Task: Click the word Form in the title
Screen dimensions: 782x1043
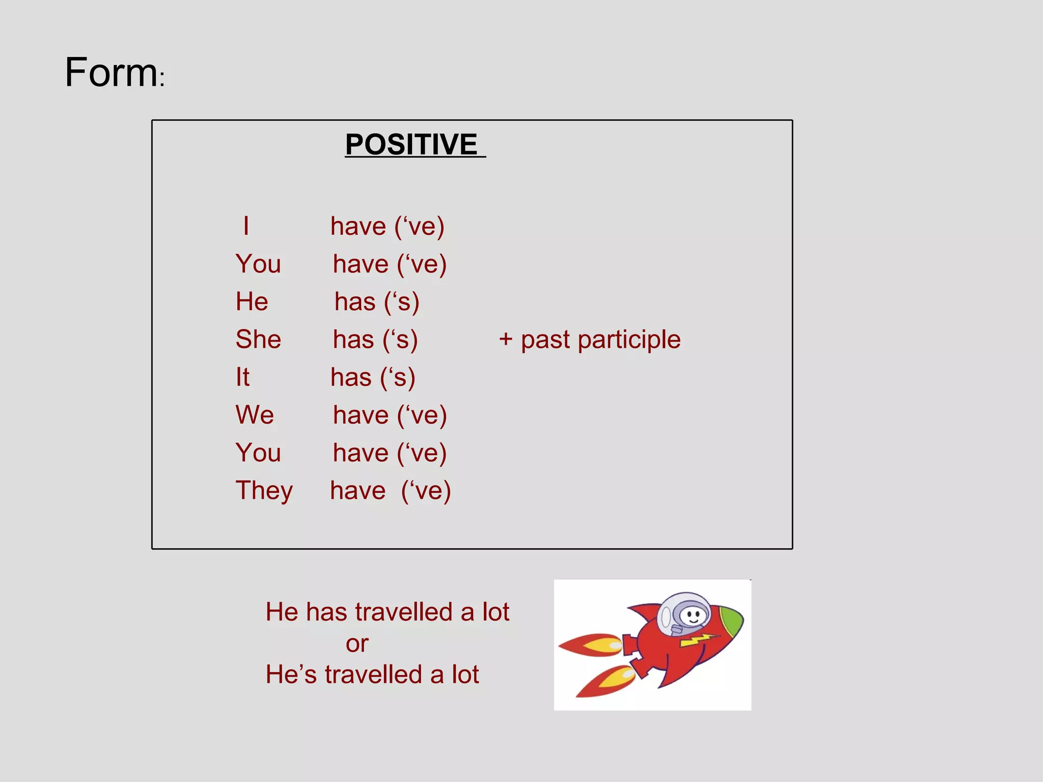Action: pyautogui.click(x=111, y=73)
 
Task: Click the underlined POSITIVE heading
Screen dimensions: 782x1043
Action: pyautogui.click(x=411, y=145)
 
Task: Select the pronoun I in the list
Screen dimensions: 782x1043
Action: pyautogui.click(x=246, y=226)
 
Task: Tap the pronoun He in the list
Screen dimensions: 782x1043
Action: pyautogui.click(x=252, y=301)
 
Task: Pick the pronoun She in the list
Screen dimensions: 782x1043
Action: pyautogui.click(x=258, y=339)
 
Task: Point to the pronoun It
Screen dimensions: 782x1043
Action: pyautogui.click(x=242, y=377)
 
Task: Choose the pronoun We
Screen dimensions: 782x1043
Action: pyautogui.click(x=255, y=415)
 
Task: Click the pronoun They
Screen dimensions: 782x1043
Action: pyautogui.click(x=264, y=491)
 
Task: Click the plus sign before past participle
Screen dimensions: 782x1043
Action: pyautogui.click(x=505, y=339)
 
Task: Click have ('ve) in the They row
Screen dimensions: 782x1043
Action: pyautogui.click(x=390, y=491)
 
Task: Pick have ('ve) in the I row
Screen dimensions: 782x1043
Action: pyautogui.click(x=387, y=226)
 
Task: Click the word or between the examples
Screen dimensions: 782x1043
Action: pyautogui.click(x=356, y=644)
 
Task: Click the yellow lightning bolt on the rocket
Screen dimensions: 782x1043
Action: pyautogui.click(x=698, y=639)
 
